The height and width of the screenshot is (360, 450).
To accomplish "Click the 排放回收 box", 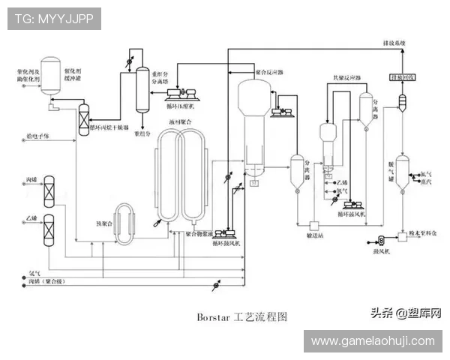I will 401,77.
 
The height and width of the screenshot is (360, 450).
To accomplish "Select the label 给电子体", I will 35,136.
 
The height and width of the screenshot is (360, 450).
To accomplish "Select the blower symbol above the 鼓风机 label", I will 380,240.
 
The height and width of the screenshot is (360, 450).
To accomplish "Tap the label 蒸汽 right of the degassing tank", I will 427,181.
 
